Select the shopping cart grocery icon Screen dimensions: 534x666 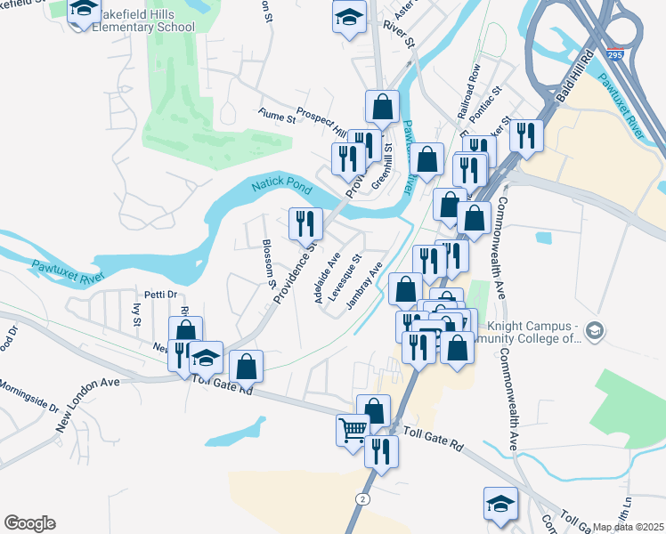pyautogui.click(x=353, y=430)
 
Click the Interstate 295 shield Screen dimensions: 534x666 pyautogui.click(x=613, y=54)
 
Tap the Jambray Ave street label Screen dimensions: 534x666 pyautogui.click(x=364, y=282)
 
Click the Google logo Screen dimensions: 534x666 pyautogui.click(x=29, y=523)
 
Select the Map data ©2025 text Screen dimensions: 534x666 pyautogui.click(x=628, y=527)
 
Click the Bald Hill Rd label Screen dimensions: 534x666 pyautogui.click(x=574, y=80)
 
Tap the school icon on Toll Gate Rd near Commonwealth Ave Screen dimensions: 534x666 pyautogui.click(x=500, y=502)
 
